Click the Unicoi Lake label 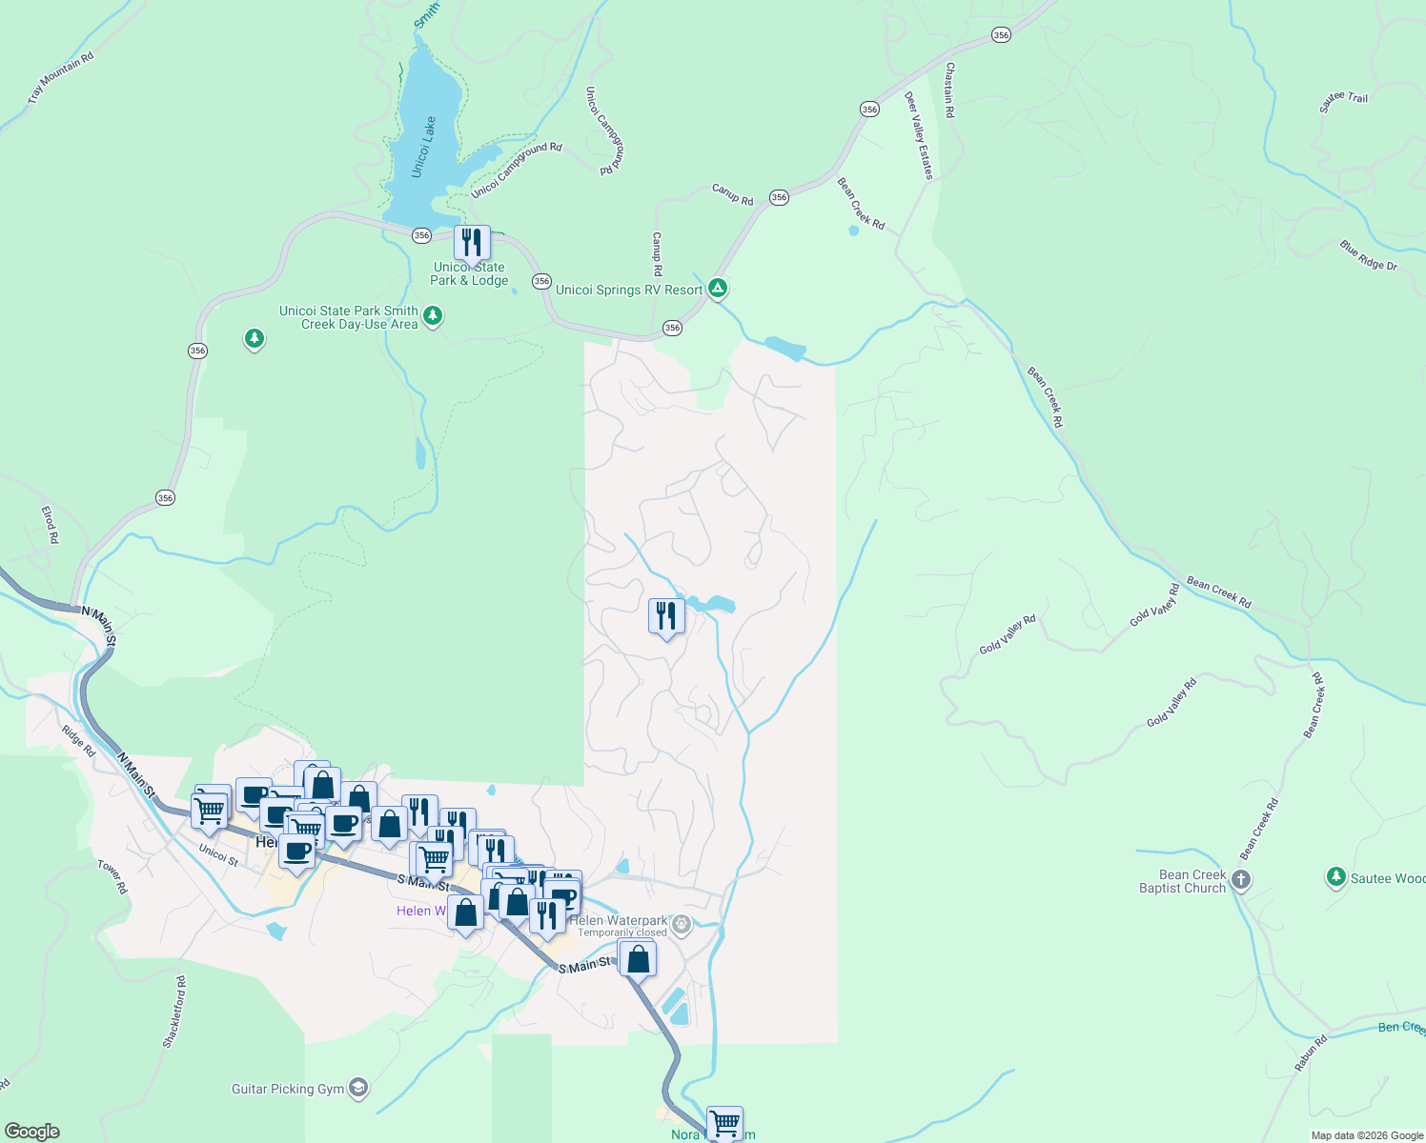click(424, 147)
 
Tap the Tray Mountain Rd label click(61, 77)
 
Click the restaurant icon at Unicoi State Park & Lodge click(471, 243)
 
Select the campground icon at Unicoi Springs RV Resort click(718, 287)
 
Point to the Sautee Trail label click(1343, 101)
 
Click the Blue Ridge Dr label click(1368, 255)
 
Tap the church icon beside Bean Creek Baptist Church click(1240, 879)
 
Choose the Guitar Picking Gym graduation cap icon click(358, 1088)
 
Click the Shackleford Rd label click(174, 1012)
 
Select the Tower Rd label click(112, 876)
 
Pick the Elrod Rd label click(50, 525)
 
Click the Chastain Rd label click(949, 90)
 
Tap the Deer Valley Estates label click(919, 135)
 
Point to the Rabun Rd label click(1311, 1053)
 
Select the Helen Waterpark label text click(618, 920)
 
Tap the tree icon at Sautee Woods click(1335, 876)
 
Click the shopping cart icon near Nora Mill click(724, 1122)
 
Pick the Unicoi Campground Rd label click(517, 170)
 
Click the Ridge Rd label click(78, 741)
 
